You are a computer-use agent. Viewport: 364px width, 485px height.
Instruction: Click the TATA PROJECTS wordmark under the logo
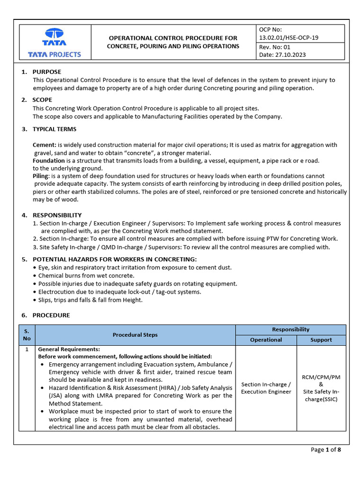pos(55,54)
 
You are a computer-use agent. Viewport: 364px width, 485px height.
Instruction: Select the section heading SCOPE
pos(42,100)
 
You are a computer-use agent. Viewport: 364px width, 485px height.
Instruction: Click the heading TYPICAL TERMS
pos(54,129)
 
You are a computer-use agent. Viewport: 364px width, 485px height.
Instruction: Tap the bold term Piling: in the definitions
pos(41,176)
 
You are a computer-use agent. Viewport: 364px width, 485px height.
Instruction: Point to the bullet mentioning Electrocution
pos(113,292)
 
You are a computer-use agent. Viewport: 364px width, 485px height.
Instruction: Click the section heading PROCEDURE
pos(51,315)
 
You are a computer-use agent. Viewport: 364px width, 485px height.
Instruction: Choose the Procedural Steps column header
pos(135,335)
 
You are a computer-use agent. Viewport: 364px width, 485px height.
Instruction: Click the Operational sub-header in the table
pos(266,340)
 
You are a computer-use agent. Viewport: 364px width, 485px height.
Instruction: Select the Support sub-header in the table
pos(321,340)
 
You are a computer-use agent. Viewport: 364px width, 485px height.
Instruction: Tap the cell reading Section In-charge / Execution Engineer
pos(266,388)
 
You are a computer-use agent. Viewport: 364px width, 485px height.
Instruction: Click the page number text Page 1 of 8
pos(326,450)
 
